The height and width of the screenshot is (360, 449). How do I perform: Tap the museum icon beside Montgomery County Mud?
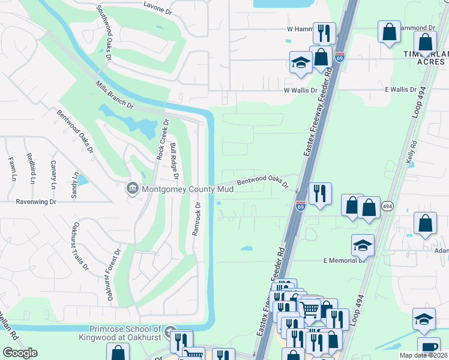coord(131,188)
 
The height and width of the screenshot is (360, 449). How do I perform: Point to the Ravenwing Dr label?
coord(35,202)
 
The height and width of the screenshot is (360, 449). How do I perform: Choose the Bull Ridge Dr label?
coord(174,161)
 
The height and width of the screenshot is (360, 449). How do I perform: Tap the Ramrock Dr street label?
coord(195,219)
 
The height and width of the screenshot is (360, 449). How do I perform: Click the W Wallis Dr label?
coord(300,90)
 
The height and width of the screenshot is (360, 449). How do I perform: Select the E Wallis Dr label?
coord(401,89)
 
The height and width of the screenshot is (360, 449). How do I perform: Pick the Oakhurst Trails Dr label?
coord(80,246)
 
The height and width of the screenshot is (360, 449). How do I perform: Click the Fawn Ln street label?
coord(12,170)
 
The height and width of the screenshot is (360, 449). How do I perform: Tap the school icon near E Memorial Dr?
coord(363,245)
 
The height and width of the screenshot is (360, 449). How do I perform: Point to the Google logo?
coord(20,353)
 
